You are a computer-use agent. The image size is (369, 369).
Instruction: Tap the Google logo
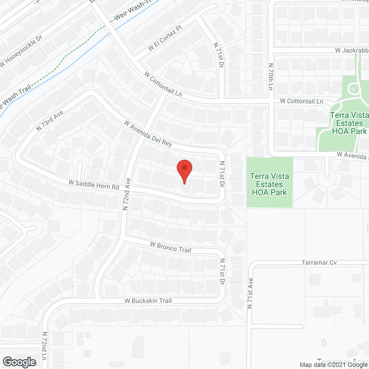pos(20,362)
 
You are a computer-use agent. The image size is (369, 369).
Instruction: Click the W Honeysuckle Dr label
pos(21,51)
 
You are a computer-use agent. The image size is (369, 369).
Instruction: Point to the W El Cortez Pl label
pos(165,38)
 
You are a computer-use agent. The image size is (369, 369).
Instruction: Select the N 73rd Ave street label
pos(50,121)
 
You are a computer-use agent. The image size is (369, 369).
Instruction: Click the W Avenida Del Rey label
pos(148,134)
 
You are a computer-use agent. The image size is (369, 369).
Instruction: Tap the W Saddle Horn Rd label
pos(94,184)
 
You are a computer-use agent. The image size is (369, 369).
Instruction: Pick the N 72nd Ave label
pos(127,194)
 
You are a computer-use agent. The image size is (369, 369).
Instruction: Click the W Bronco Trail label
pos(171,247)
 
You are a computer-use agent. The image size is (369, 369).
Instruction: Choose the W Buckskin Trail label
pos(148,301)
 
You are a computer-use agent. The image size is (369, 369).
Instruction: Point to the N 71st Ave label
pos(250,293)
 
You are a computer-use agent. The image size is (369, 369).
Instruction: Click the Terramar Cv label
pos(319,263)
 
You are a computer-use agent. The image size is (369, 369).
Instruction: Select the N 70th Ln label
pos(271,77)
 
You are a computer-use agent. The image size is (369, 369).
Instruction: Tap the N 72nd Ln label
pos(44,346)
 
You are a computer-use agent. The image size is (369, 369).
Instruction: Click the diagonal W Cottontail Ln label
pos(163,84)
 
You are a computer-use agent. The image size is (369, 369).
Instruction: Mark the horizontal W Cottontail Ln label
pos(302,101)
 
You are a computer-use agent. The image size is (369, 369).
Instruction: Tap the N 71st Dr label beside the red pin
pos(222,174)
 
